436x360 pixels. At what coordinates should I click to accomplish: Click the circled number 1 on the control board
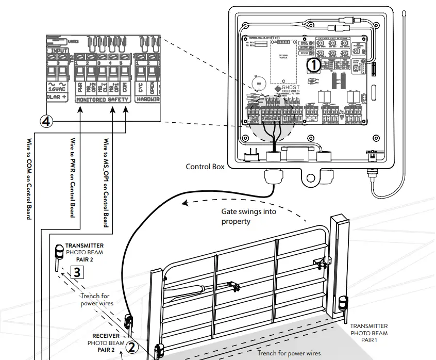[313, 65]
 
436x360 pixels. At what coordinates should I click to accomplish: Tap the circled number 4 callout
[46, 121]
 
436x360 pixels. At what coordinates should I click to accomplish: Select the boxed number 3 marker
[76, 272]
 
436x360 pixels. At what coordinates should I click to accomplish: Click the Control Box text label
[205, 167]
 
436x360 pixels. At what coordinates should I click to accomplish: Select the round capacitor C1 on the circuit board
[258, 83]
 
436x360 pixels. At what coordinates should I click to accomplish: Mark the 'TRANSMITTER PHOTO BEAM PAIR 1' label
[368, 333]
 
